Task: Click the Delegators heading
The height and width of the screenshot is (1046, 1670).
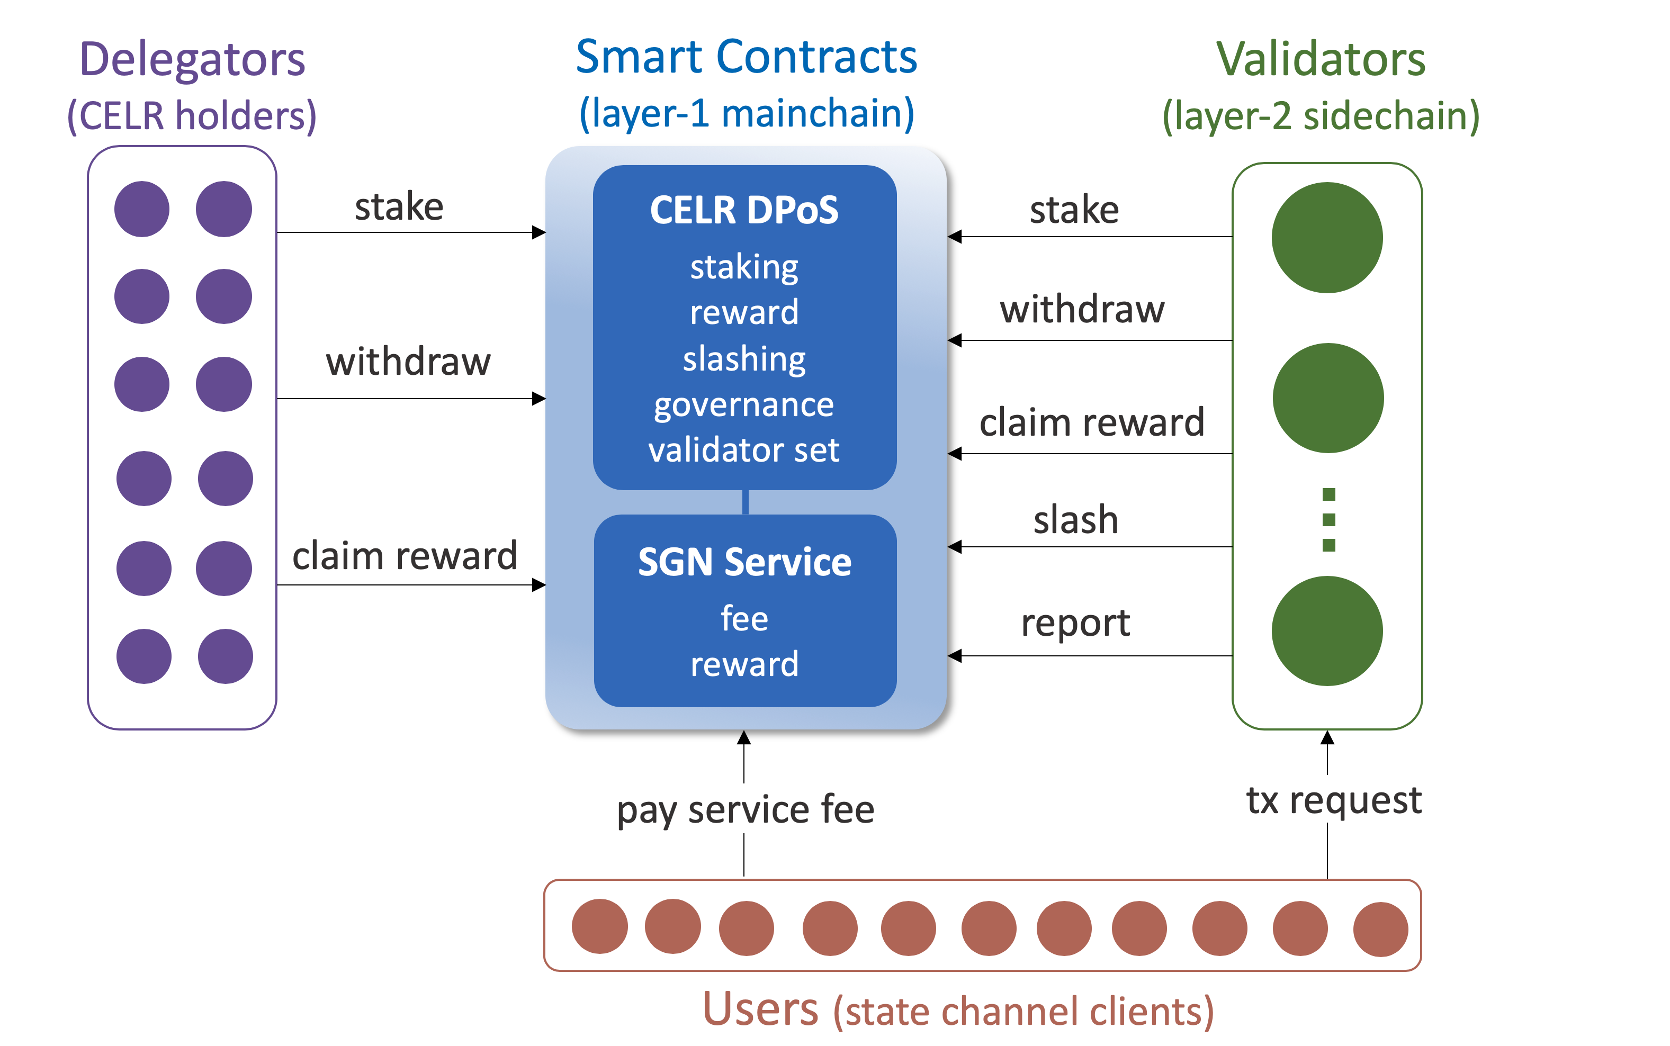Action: tap(192, 59)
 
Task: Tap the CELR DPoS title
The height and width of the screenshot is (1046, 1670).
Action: tap(744, 210)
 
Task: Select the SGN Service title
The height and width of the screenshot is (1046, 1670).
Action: tap(744, 562)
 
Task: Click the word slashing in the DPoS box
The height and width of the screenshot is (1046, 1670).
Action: tap(744, 358)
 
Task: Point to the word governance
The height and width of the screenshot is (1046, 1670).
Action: tap(744, 405)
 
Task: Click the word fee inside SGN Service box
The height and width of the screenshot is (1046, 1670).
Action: tap(744, 618)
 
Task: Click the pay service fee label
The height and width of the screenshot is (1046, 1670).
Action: tap(745, 809)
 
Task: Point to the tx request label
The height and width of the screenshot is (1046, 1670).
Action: tap(1333, 800)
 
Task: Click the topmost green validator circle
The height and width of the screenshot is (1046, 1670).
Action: tap(1326, 237)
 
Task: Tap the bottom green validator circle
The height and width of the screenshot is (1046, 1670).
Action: tap(1326, 631)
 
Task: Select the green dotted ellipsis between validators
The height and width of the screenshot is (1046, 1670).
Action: tap(1328, 519)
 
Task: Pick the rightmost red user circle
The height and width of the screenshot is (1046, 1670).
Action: tap(1380, 929)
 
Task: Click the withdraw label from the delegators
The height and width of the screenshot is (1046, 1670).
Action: tap(408, 362)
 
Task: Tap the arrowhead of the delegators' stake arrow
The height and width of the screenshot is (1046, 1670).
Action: tap(539, 232)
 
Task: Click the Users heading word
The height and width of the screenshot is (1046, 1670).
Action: tap(760, 1008)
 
